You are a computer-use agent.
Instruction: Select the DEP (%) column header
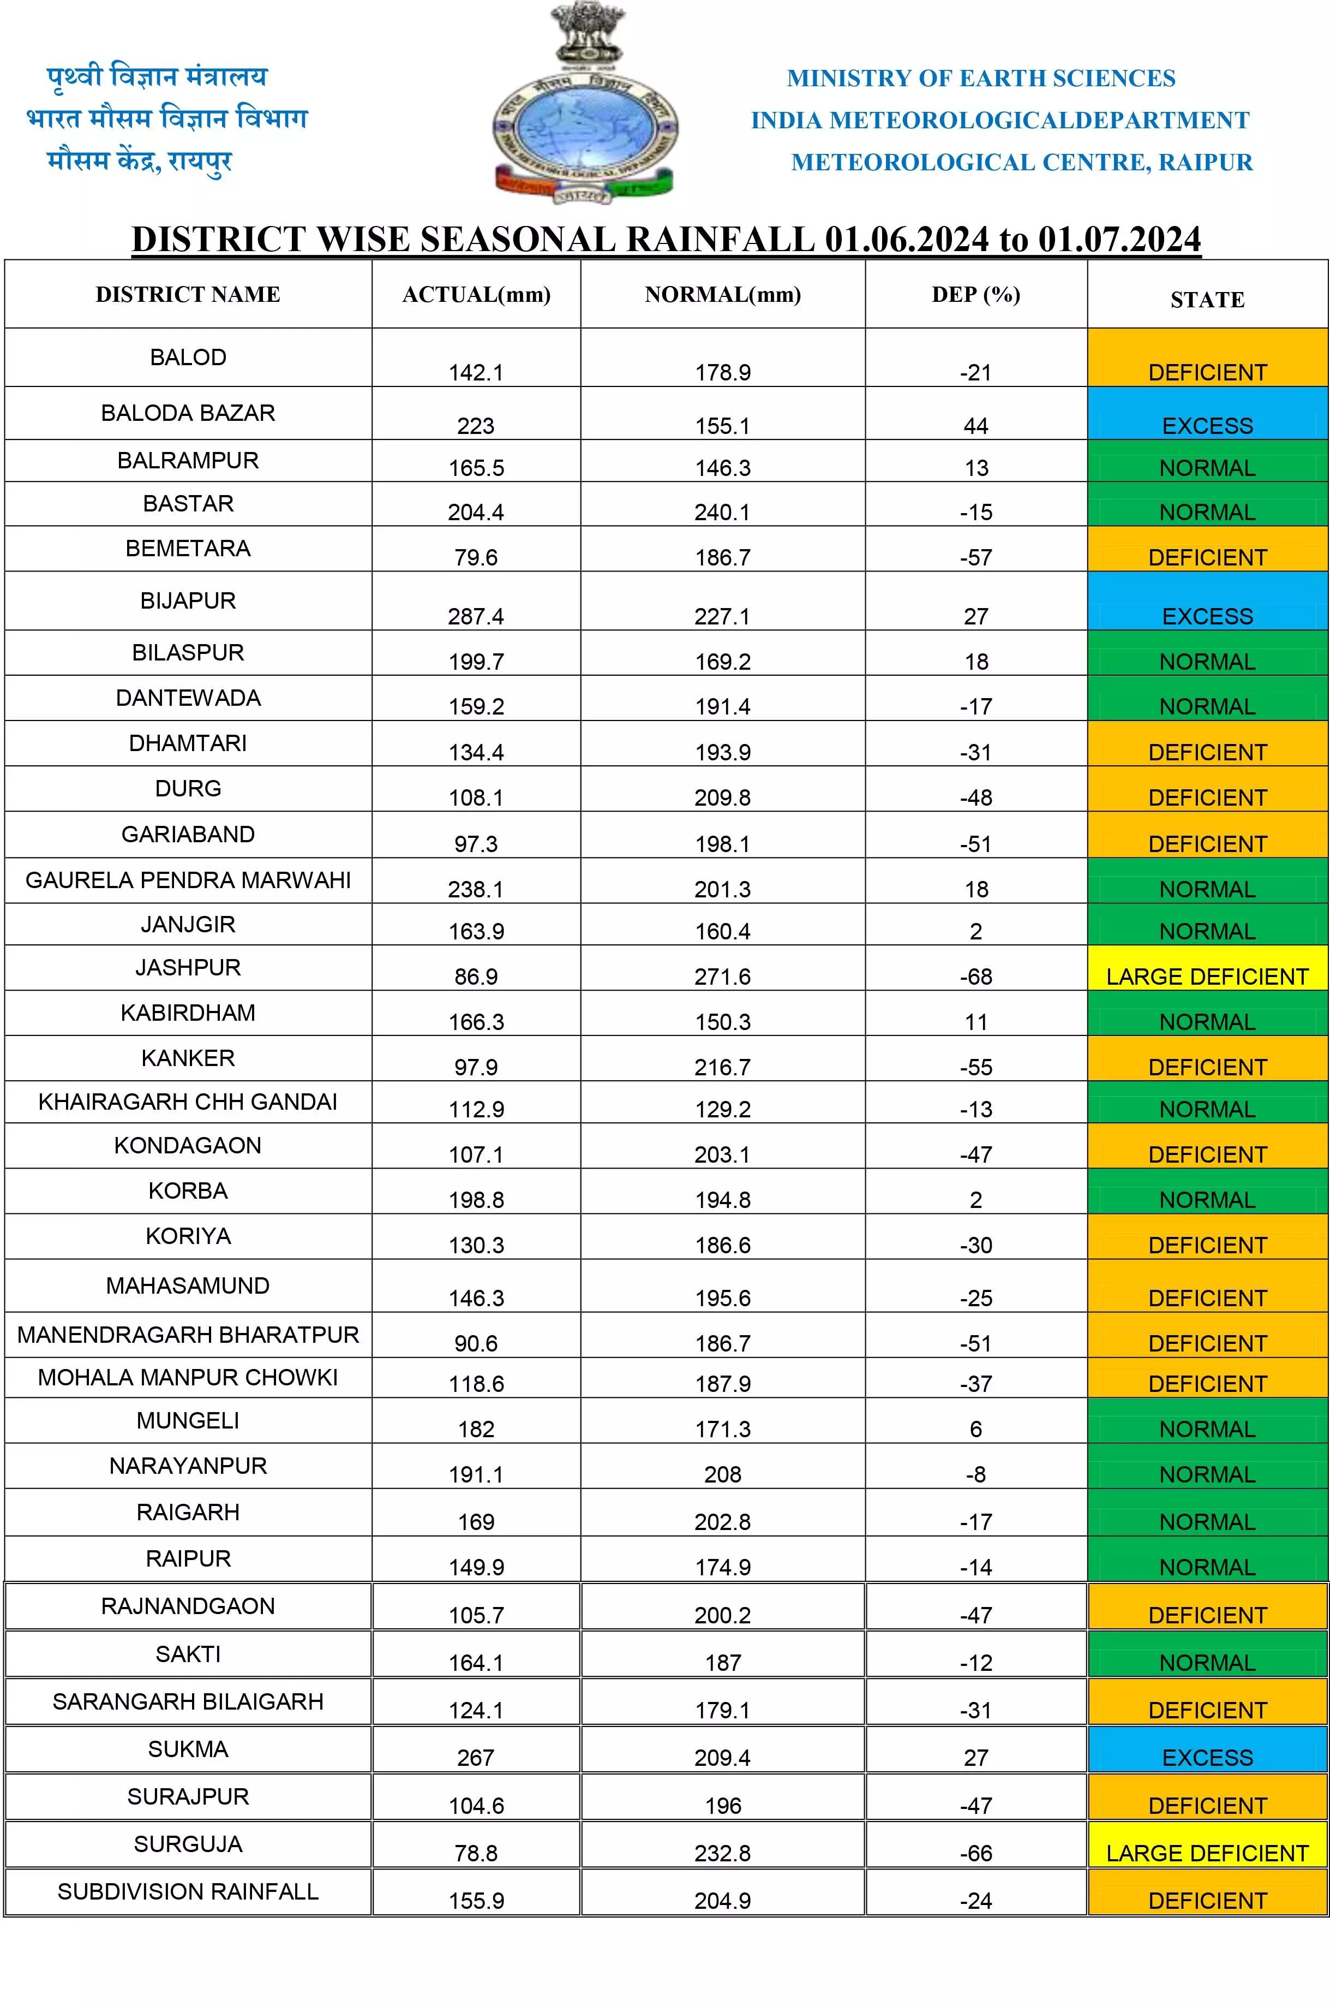[x=975, y=294]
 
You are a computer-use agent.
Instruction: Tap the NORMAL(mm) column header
[x=723, y=294]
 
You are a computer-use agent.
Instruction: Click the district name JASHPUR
[x=188, y=967]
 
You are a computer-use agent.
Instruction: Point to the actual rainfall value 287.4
[x=476, y=616]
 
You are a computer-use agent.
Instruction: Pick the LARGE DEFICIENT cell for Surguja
[x=1207, y=1853]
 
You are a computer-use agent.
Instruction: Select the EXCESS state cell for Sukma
[x=1207, y=1758]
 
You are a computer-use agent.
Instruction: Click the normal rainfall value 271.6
[x=723, y=977]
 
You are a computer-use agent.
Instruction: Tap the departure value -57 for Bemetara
[x=975, y=557]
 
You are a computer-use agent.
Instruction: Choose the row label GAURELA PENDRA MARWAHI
[x=188, y=880]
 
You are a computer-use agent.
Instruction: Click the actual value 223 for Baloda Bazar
[x=476, y=426]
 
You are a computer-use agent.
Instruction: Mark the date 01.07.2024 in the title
[x=1119, y=239]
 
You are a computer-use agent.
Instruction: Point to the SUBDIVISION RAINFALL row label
[x=188, y=1891]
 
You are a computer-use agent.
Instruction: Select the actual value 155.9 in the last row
[x=476, y=1901]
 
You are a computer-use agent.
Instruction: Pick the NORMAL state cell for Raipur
[x=1207, y=1567]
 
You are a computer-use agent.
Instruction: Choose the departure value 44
[x=975, y=426]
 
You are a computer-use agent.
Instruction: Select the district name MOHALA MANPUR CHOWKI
[x=188, y=1377]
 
